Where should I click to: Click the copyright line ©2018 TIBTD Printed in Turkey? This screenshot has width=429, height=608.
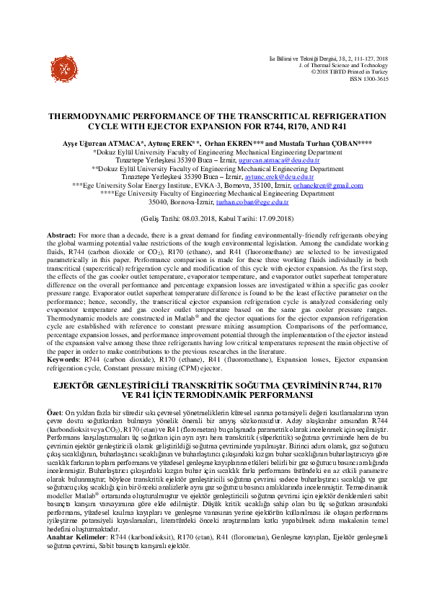pos(350,71)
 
